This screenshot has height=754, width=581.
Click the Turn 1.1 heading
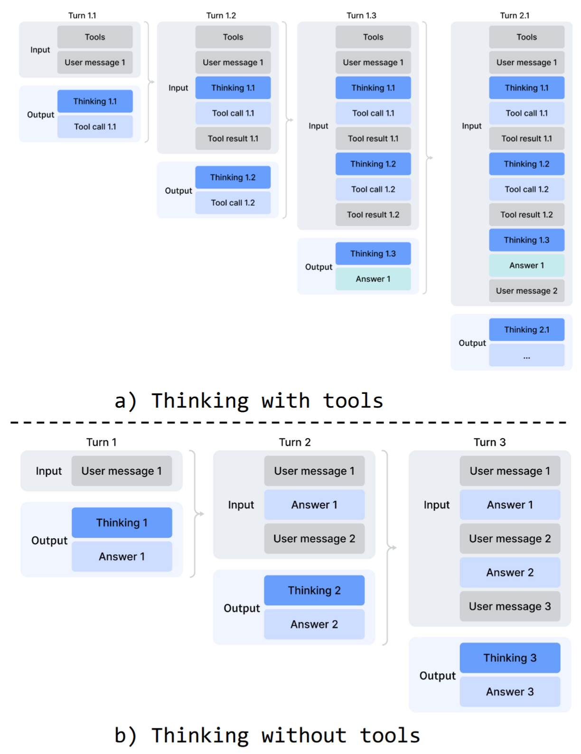(82, 16)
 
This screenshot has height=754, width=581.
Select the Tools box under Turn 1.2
(233, 37)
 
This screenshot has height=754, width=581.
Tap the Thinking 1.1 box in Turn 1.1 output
(94, 101)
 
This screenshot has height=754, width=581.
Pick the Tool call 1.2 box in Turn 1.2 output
(233, 203)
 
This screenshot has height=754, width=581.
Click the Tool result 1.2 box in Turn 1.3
(373, 214)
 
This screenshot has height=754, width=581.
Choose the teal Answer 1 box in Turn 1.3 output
(373, 278)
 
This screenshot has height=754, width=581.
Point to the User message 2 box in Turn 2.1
(526, 290)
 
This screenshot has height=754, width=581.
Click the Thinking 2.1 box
(526, 329)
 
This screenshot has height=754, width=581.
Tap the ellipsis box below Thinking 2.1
(526, 355)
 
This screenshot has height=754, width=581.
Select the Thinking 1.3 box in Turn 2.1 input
(526, 240)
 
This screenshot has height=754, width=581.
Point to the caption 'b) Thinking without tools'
(267, 735)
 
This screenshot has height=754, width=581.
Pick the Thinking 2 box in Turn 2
(314, 590)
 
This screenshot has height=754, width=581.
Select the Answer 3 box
(509, 691)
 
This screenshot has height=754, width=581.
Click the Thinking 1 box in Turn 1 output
(122, 522)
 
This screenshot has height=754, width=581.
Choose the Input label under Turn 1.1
(40, 49)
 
